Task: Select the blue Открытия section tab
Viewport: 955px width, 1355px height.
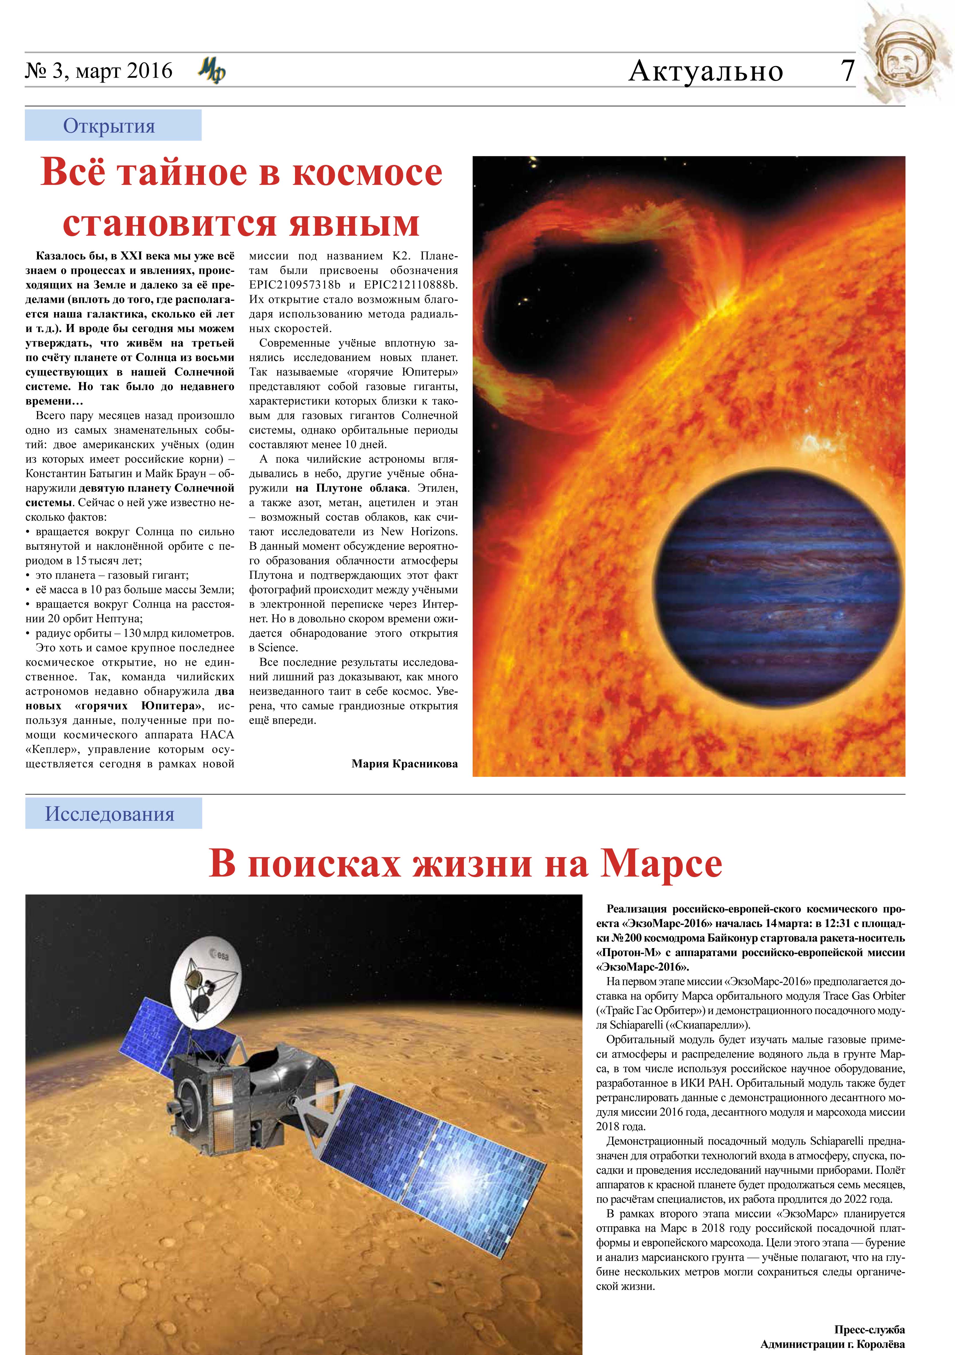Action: pyautogui.click(x=113, y=125)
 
